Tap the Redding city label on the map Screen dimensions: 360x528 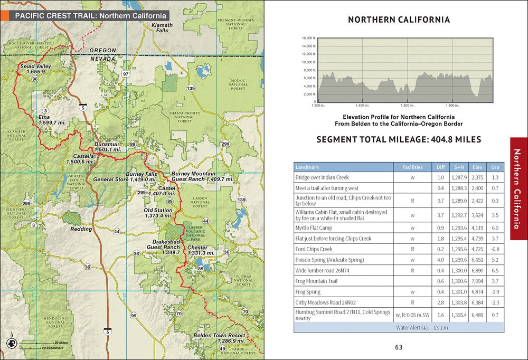(x=81, y=229)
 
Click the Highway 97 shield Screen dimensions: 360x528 (x=125, y=74)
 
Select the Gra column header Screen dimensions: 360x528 (x=494, y=167)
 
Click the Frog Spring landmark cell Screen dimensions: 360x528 (x=310, y=292)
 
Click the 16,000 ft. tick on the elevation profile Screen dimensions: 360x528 (x=308, y=39)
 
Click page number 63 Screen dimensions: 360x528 (x=399, y=347)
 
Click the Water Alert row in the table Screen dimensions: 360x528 (x=399, y=327)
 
